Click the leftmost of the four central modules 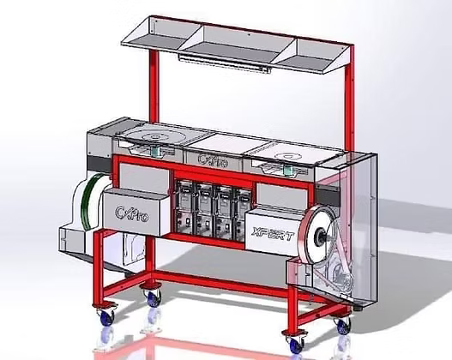click(184, 208)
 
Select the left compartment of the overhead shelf click(161, 33)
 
